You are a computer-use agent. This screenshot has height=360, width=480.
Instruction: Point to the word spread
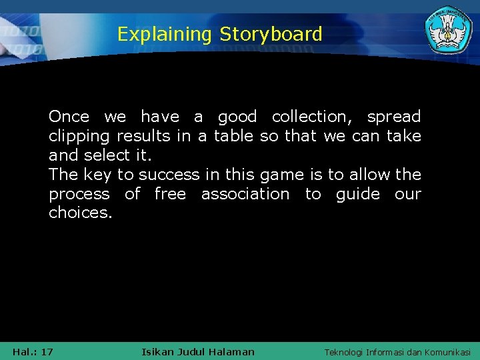[x=394, y=117]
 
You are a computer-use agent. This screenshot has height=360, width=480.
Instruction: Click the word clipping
[x=80, y=136]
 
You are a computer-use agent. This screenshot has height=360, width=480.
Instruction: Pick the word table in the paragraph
[x=233, y=136]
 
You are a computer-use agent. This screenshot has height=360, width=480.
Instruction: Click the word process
[x=79, y=194]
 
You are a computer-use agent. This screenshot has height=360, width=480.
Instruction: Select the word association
[x=245, y=194]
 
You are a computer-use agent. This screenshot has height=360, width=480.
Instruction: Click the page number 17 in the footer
[x=47, y=351]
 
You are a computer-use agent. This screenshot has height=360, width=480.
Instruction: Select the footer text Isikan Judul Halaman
[x=198, y=351]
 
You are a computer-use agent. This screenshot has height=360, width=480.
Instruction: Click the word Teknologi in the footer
[x=343, y=351]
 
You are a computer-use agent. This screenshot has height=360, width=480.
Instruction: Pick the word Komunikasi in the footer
[x=446, y=351]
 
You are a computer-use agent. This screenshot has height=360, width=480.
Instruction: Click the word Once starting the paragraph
[x=69, y=117]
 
